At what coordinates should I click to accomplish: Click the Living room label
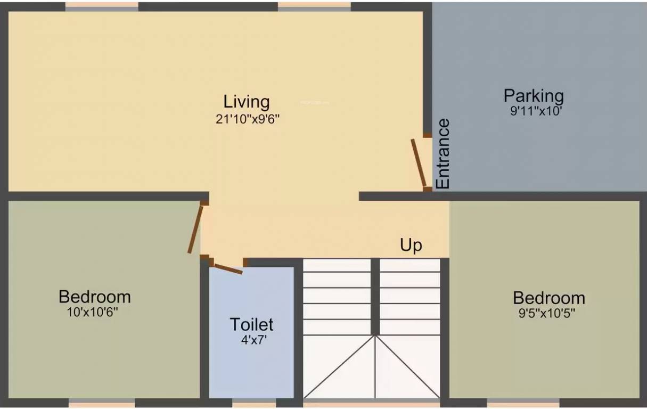246,101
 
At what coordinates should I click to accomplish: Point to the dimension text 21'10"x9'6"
248,119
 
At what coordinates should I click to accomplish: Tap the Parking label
534,96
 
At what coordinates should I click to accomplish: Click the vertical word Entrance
443,154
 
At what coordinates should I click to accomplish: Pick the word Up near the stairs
411,245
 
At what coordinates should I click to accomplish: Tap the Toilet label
251,324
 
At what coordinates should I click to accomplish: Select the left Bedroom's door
195,229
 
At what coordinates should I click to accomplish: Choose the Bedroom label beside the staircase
548,297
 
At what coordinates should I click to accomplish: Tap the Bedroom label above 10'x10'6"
94,296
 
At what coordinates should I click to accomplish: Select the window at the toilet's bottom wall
254,404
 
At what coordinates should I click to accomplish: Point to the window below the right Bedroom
523,404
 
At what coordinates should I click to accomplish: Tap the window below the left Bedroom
102,404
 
